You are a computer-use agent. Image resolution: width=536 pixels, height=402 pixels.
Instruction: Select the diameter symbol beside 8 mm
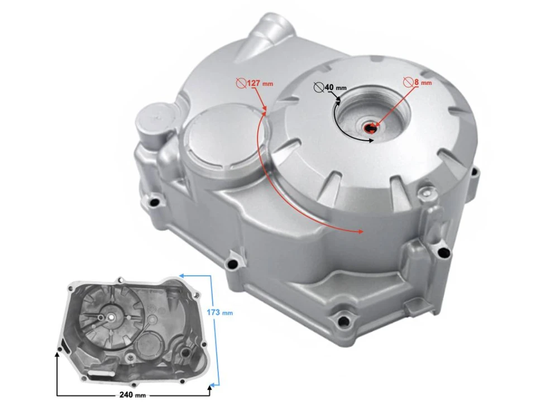tap(408, 83)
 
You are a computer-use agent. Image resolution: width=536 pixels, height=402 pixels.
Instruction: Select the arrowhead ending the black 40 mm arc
tap(370, 141)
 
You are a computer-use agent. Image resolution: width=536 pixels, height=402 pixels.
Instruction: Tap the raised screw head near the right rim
tap(426, 194)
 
